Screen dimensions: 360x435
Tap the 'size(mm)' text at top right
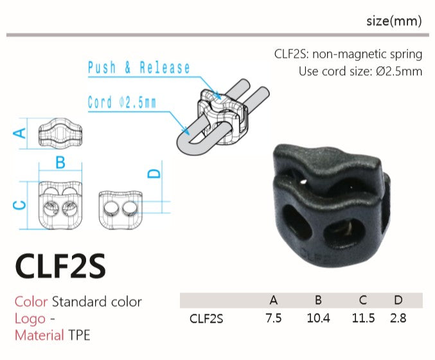click(393, 21)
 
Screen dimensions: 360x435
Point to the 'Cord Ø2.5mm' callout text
click(122, 102)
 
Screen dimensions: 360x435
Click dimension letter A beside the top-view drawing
click(20, 132)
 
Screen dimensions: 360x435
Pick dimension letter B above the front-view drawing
click(60, 163)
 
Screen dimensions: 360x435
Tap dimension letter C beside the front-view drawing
click(20, 205)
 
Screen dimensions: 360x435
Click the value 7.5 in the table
click(274, 318)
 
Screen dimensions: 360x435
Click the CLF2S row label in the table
click(206, 318)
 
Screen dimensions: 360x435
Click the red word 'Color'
click(31, 301)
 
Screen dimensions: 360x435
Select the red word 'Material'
click(39, 334)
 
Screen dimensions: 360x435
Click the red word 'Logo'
click(30, 318)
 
